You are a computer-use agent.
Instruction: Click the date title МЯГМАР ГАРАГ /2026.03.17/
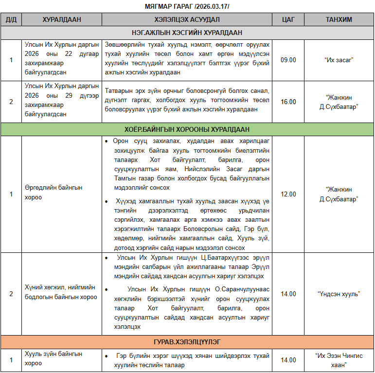tap(187, 6)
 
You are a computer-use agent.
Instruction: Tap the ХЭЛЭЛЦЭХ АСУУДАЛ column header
tap(187, 19)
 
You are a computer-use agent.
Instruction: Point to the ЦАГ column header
tap(288, 19)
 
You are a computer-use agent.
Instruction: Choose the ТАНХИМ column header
tap(339, 19)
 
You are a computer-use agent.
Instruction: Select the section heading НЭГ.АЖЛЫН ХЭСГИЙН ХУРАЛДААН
tap(187, 33)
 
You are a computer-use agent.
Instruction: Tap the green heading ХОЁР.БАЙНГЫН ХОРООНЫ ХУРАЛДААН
tap(187, 129)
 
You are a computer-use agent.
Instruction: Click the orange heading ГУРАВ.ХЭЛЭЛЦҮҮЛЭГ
tap(187, 342)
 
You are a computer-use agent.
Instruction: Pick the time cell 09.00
tap(288, 60)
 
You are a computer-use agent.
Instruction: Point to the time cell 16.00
tap(288, 102)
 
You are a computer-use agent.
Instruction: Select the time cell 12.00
tap(288, 194)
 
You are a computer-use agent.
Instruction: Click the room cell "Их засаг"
tap(339, 60)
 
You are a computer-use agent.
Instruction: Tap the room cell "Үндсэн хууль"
tap(339, 294)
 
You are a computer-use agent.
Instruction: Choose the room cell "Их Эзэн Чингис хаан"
tap(339, 360)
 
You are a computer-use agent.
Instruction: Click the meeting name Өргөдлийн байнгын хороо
tap(54, 192)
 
